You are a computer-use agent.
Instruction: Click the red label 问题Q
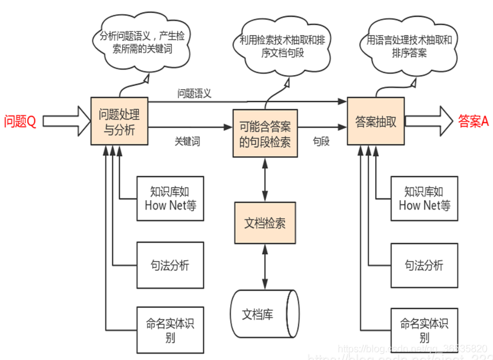(x=20, y=121)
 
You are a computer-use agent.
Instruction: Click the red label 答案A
(x=473, y=121)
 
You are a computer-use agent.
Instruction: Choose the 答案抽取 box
(x=376, y=121)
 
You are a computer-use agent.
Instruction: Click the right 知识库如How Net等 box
(x=424, y=198)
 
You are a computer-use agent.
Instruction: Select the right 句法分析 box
(x=424, y=265)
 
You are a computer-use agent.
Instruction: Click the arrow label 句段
(x=321, y=141)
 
